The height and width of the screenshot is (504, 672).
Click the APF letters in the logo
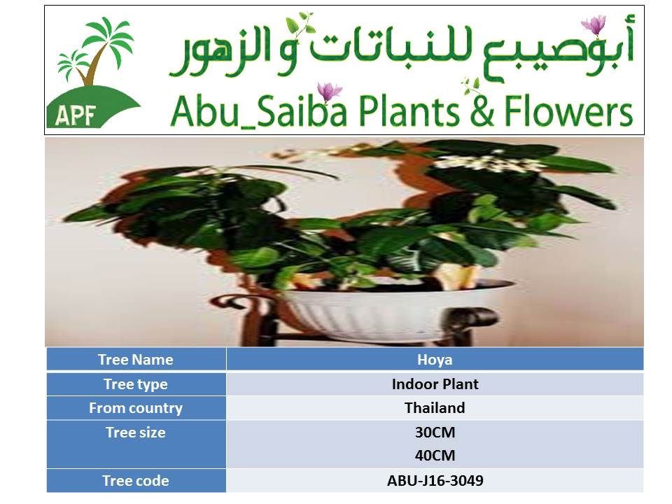pos(75,114)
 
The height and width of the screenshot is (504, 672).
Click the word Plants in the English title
pos(409,111)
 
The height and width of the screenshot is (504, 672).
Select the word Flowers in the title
pos(568,111)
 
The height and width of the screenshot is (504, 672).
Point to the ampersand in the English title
pos(482,111)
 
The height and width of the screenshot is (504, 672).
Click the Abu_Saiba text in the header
pos(258,111)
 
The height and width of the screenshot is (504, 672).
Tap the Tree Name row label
pos(135,359)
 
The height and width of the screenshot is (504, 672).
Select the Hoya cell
pos(435,360)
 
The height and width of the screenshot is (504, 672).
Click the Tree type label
pos(135,384)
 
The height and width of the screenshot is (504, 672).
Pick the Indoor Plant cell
pos(435,384)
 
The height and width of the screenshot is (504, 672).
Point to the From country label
pos(135,408)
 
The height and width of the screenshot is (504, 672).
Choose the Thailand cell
pos(435,407)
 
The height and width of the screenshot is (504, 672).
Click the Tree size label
pos(135,433)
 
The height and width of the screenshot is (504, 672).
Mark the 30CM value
pos(435,433)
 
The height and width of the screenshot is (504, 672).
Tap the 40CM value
pos(435,455)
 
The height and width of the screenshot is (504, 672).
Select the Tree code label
pos(135,481)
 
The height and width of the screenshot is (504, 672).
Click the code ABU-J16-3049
pos(435,481)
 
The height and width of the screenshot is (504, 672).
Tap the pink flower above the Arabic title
pos(594,24)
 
